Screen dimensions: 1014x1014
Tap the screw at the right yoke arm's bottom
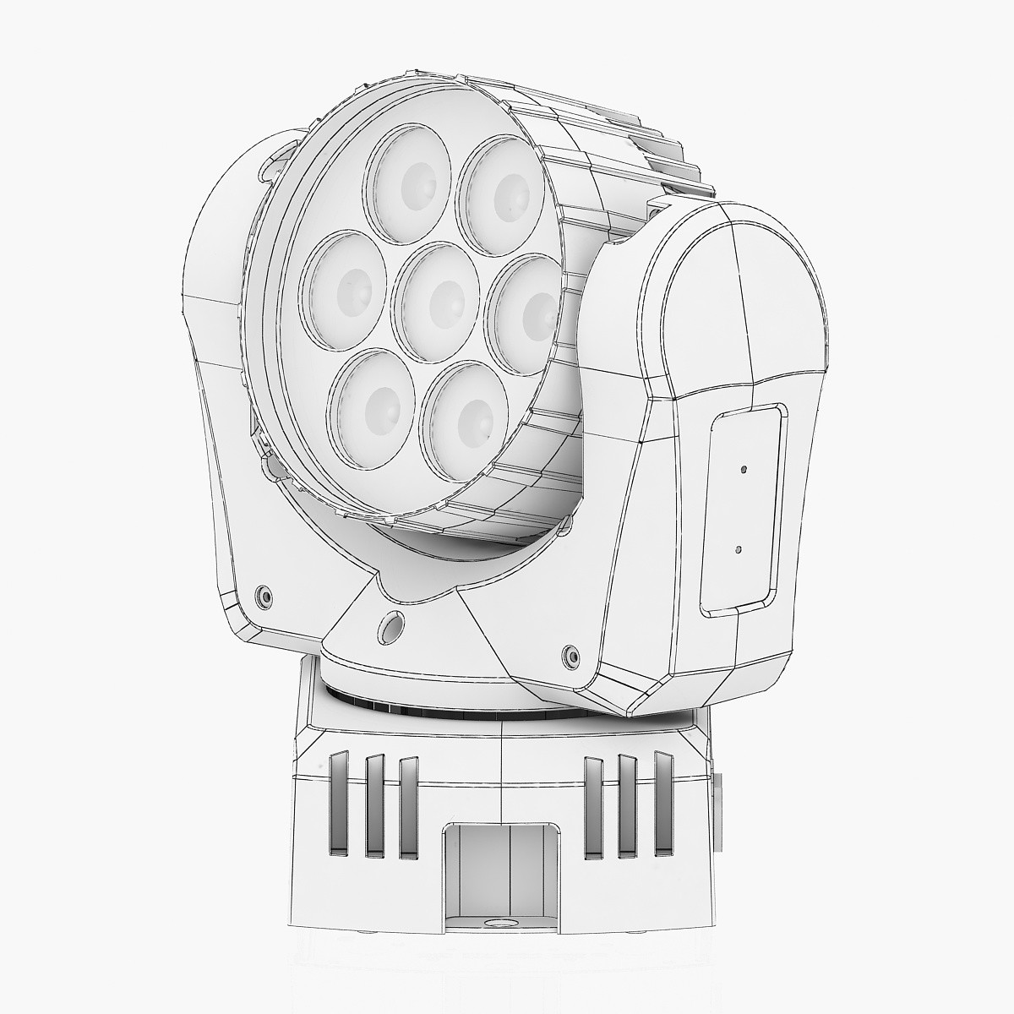tap(570, 655)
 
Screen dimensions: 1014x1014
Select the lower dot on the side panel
tap(739, 548)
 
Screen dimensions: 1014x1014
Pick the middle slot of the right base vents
tap(628, 804)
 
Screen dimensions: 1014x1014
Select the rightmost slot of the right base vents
tap(662, 801)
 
